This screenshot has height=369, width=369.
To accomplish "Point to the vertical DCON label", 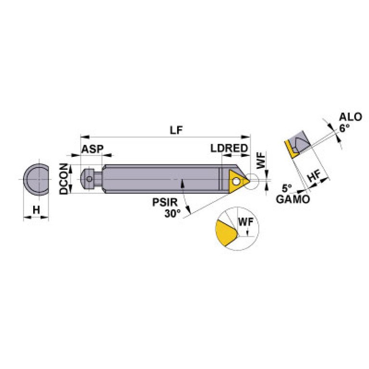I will point(64,178).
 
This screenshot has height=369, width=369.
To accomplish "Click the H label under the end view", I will point(36,209).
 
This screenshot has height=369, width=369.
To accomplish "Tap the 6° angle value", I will point(344,128).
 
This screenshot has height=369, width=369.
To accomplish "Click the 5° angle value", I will point(287,188).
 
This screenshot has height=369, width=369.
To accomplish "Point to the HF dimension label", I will point(314,177).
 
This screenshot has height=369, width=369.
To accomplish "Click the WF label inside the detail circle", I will point(245,222).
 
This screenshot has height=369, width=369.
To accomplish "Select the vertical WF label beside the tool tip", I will point(260,161).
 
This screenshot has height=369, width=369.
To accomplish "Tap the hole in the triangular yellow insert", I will point(237,181).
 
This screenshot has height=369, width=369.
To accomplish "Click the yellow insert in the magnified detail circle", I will point(226,234).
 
